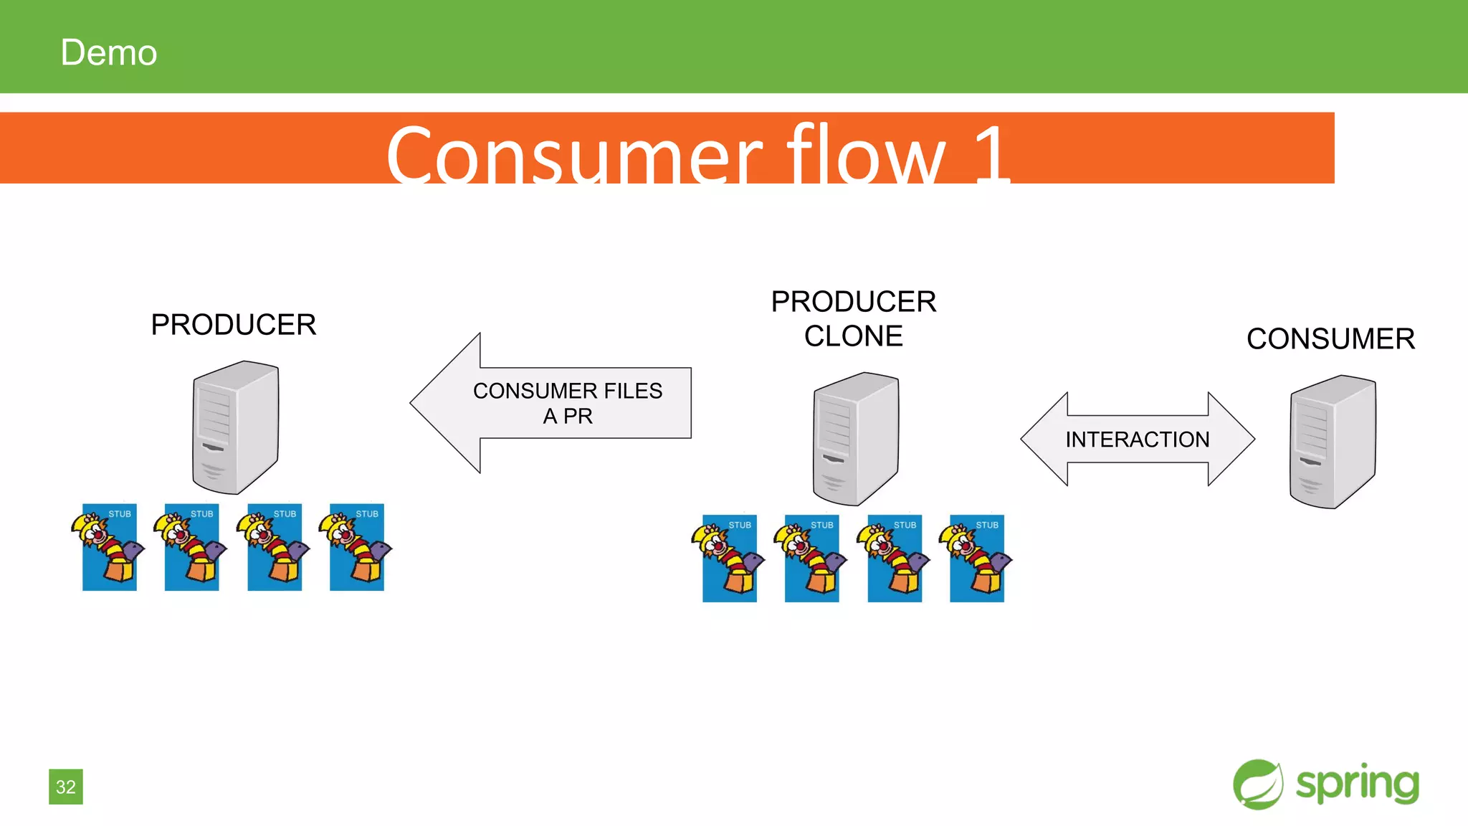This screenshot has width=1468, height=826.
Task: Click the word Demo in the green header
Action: point(108,53)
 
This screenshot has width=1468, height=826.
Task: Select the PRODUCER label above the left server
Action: point(233,325)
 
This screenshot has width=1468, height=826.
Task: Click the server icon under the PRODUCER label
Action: point(235,427)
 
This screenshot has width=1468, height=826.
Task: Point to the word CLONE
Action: point(853,336)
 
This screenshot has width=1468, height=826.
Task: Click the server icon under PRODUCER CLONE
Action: point(856,439)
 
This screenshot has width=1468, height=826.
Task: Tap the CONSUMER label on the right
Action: point(1330,339)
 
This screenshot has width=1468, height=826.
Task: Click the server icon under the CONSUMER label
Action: point(1333,442)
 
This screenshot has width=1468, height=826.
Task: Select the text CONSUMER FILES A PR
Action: point(568,403)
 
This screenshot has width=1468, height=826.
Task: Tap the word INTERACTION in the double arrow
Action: point(1137,440)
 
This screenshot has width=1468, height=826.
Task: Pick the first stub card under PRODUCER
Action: point(109,547)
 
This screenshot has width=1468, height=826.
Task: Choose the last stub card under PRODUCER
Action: point(356,547)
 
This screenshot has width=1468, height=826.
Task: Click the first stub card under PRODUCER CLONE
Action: point(729,558)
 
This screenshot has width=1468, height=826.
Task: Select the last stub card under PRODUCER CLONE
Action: point(976,558)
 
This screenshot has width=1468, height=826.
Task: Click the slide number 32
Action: point(66,787)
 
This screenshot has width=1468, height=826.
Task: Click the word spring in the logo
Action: point(1357,784)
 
